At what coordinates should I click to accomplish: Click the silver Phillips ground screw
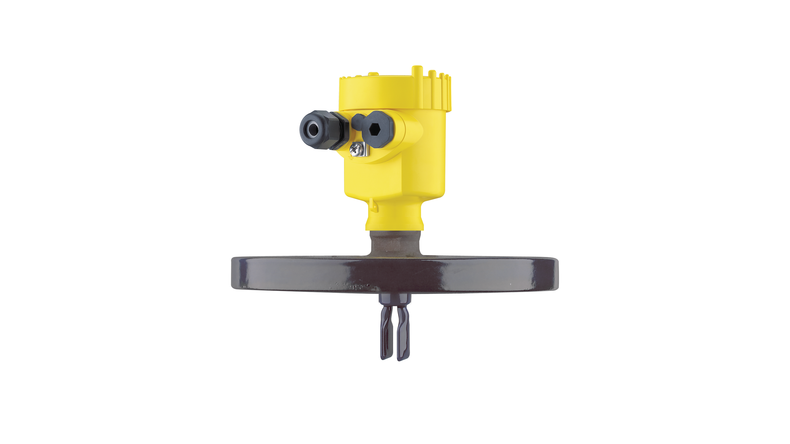pyautogui.click(x=356, y=150)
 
